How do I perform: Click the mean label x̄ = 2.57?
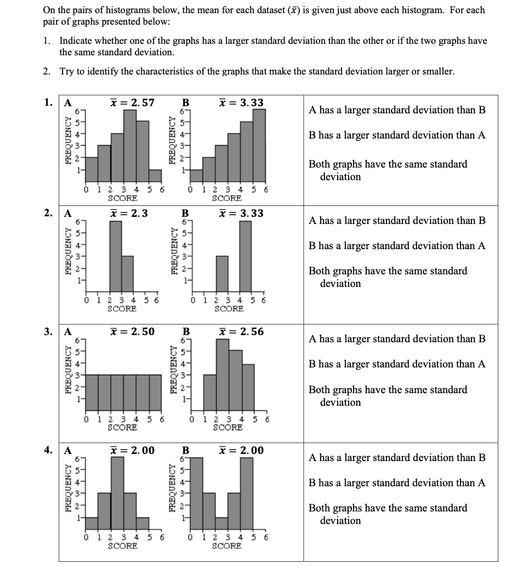tap(132, 102)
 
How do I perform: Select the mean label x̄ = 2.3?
tap(129, 213)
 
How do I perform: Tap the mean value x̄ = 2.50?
tap(132, 331)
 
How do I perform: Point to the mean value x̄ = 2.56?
tap(241, 331)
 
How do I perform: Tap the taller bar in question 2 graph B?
tap(246, 256)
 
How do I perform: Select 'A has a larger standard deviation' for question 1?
tap(397, 110)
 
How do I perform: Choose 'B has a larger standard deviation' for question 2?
tap(397, 246)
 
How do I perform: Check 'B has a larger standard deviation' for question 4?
tap(397, 483)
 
